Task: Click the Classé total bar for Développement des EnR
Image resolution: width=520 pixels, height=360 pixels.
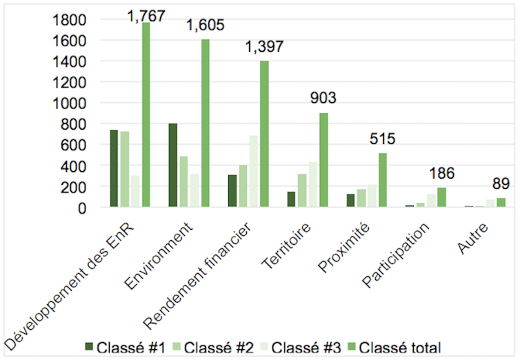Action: pos(146,114)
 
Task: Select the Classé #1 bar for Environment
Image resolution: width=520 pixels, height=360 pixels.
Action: pos(173,165)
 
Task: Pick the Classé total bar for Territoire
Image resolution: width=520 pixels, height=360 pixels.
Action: pos(323,160)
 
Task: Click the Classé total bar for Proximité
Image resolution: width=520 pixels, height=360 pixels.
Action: pos(382,180)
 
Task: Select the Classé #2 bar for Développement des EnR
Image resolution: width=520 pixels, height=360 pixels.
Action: pos(125,169)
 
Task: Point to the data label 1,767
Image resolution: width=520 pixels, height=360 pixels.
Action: pos(146,15)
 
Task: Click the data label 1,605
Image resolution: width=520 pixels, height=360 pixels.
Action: pos(205,26)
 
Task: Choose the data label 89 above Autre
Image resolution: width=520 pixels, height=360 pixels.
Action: pos(501,183)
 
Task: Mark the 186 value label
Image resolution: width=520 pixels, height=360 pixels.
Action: pos(441,173)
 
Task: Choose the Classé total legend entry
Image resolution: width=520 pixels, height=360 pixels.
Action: pos(397,346)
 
